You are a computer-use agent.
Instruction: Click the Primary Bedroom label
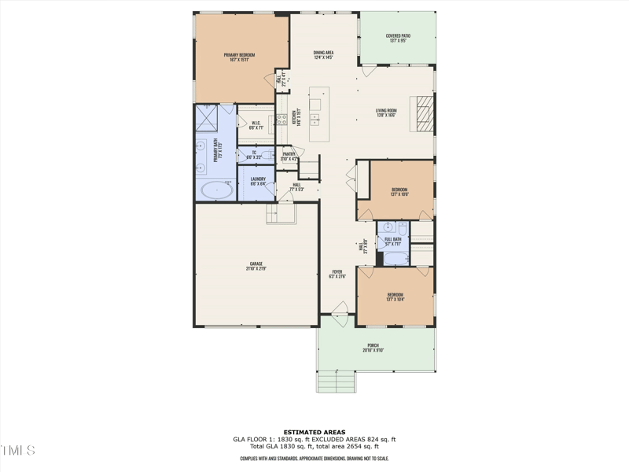pos(242,57)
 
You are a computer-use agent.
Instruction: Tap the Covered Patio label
pos(398,37)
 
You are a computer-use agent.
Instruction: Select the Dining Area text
pos(324,54)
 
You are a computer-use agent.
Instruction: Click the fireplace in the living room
pos(424,111)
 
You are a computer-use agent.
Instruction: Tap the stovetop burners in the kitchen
pos(281,120)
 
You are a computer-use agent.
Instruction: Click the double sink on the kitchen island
pos(315,120)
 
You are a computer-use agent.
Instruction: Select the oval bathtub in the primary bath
pos(215,190)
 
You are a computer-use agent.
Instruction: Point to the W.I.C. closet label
pos(256,124)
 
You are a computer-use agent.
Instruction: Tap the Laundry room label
pos(258,181)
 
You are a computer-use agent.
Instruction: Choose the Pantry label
pos(289,156)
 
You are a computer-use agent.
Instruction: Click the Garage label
pos(256,266)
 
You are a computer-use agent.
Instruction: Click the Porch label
pos(373,347)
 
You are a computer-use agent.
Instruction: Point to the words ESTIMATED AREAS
pos(314,432)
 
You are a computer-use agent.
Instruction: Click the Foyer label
pos(337,273)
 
